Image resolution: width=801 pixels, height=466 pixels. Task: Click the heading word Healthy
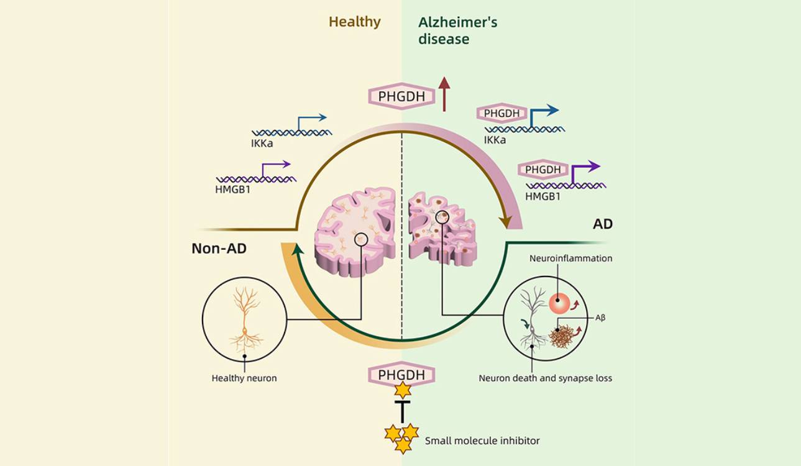[x=354, y=22]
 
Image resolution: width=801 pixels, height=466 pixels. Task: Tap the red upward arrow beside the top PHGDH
[x=444, y=94]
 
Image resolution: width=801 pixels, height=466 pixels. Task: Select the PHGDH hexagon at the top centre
[x=401, y=96]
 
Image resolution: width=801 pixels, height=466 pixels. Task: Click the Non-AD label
[x=219, y=249]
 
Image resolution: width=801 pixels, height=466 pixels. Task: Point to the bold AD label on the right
[x=602, y=224]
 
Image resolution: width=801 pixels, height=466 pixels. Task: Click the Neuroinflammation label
[x=570, y=258]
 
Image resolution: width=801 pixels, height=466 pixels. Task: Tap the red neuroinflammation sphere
[x=559, y=303]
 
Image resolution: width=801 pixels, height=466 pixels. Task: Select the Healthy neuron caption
[x=244, y=378]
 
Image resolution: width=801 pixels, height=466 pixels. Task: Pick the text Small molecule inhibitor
[x=482, y=441]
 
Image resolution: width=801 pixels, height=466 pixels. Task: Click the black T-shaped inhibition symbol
[x=403, y=411]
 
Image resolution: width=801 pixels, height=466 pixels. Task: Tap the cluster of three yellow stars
[x=401, y=437]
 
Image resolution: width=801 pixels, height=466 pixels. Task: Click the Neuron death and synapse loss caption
[x=545, y=378]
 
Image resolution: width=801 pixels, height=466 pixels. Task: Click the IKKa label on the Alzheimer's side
[x=495, y=140]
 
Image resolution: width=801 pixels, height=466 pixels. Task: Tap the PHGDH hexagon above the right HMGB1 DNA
[x=542, y=170]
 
